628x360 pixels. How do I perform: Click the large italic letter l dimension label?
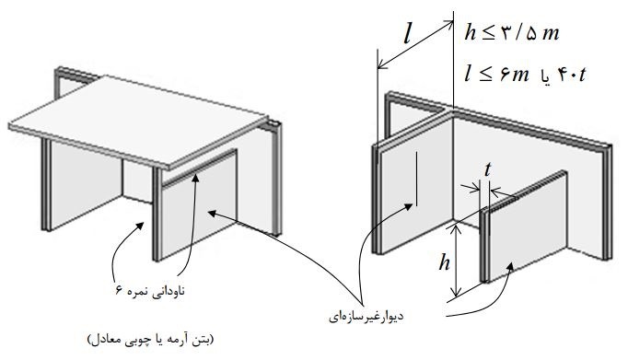407,34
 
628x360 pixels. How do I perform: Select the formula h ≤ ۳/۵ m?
512,32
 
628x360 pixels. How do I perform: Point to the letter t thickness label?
487,169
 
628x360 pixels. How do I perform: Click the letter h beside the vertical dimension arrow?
444,263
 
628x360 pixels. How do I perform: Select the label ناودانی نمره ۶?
150,290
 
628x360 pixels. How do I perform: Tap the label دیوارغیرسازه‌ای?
366,317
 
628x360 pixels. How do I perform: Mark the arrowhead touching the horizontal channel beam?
195,178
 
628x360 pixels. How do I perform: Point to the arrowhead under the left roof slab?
140,226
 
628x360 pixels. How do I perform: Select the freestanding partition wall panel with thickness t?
524,226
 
